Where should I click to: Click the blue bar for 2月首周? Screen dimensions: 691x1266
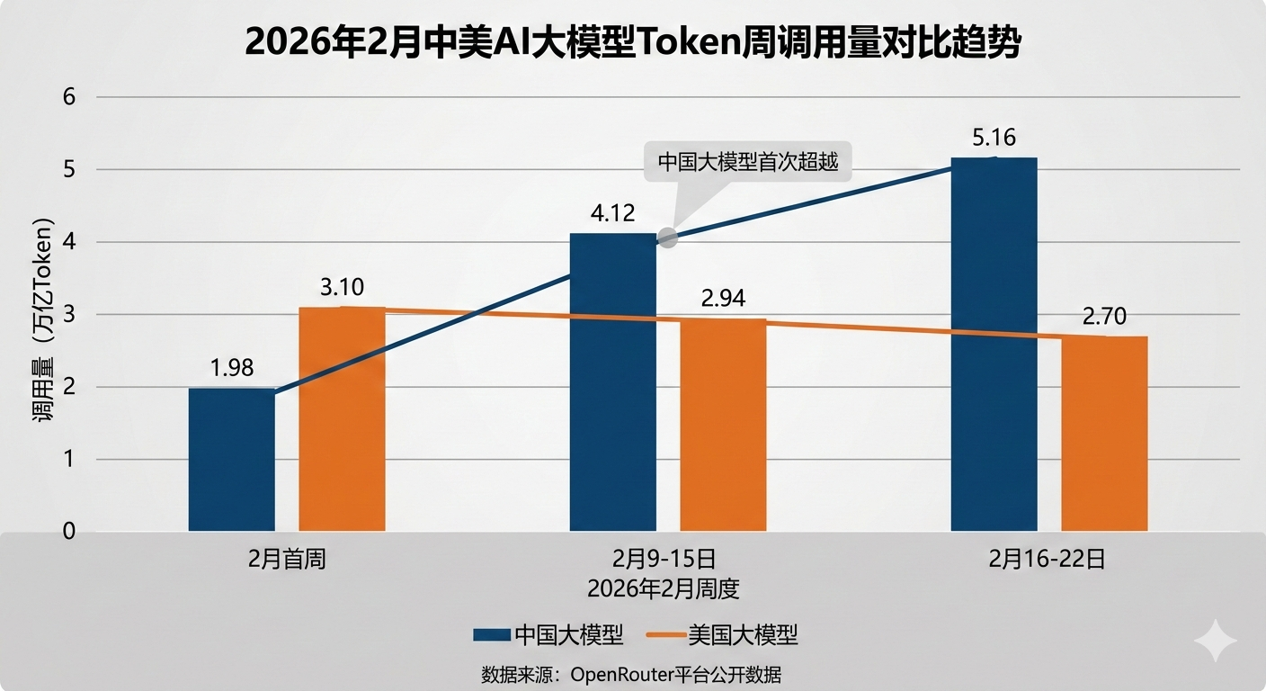click(231, 460)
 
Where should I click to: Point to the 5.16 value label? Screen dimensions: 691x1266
click(994, 139)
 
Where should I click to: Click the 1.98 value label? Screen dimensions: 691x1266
click(232, 368)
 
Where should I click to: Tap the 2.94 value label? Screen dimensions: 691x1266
click(723, 299)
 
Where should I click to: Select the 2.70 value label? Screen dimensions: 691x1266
click(1104, 317)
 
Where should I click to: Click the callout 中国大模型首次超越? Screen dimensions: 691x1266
click(748, 162)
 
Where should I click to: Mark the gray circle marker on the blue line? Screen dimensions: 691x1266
click(667, 238)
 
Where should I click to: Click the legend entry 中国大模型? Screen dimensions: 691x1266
click(548, 635)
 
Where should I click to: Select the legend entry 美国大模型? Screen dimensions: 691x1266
click(723, 635)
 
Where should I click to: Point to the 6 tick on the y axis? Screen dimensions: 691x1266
click(69, 97)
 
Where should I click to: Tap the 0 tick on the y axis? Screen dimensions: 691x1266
click(69, 532)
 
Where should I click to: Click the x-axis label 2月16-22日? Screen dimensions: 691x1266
click(1048, 560)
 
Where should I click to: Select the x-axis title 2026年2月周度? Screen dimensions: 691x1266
click(663, 590)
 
